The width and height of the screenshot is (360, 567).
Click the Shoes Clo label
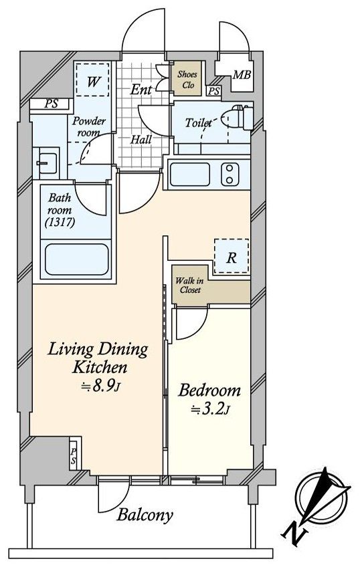(187, 80)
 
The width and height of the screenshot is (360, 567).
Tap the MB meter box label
(242, 75)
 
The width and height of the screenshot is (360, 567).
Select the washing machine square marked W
(92, 80)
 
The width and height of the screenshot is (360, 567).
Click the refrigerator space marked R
(232, 256)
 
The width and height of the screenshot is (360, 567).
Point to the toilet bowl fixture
(237, 117)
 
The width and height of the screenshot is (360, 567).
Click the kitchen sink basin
(190, 175)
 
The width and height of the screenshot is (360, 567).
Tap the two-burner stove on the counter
(230, 175)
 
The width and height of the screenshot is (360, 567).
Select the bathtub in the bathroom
(77, 259)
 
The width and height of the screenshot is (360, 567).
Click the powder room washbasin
(46, 163)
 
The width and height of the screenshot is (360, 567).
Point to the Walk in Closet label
(189, 286)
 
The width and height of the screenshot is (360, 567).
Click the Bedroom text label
(209, 390)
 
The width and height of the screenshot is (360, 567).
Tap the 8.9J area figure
(100, 386)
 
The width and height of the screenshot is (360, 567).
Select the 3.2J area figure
(210, 410)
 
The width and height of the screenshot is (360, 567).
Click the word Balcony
(145, 515)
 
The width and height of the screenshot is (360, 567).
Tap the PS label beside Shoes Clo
(214, 91)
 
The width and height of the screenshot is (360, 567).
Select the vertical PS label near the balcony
(74, 455)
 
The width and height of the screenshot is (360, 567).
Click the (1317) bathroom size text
(60, 222)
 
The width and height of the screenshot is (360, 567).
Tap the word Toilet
(198, 122)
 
